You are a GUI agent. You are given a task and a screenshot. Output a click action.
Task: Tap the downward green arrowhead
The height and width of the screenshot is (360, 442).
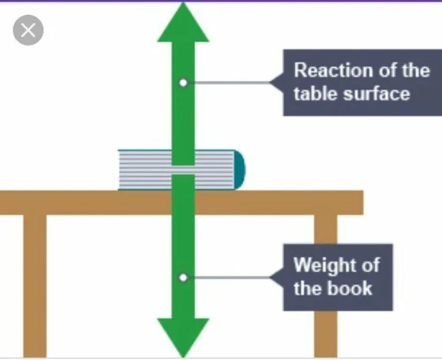182,335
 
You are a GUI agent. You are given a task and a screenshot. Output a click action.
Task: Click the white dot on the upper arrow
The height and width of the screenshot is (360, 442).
183,82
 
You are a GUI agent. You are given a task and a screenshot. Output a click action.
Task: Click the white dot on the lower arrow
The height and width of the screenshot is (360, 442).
183,276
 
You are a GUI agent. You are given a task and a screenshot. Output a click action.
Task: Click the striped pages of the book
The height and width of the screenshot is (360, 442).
144,170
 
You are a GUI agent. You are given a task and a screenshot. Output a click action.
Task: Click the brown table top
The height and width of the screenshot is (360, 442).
87,202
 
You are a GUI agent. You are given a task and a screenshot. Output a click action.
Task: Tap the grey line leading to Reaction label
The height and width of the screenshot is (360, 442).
228,82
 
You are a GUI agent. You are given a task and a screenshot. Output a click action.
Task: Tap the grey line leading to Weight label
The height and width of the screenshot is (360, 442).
228,276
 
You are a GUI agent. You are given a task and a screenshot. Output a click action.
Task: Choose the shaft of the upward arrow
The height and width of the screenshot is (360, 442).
183,114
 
